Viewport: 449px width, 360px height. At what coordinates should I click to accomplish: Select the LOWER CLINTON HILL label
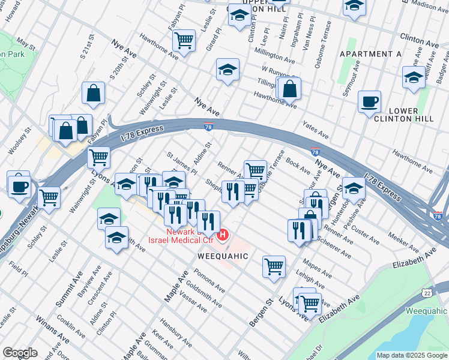click(411, 115)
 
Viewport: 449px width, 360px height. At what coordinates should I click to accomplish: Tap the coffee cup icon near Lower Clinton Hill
click(369, 101)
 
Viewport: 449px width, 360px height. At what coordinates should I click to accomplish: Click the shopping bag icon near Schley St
click(93, 93)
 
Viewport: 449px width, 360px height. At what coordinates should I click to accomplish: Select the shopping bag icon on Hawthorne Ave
click(289, 89)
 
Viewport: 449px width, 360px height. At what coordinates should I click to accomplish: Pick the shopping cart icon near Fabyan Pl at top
click(184, 41)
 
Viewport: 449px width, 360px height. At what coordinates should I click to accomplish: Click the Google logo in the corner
click(20, 352)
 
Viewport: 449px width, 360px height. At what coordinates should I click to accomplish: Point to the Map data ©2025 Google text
click(411, 355)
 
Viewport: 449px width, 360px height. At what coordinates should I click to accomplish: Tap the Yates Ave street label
click(316, 128)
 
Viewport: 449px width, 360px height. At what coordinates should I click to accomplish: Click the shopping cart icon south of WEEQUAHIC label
click(274, 266)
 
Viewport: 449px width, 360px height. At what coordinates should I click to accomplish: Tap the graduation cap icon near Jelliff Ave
click(414, 77)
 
